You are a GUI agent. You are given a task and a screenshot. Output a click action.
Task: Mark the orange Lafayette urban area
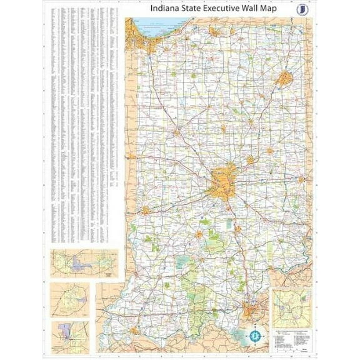(177, 131)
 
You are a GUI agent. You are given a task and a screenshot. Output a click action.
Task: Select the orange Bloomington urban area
(199, 234)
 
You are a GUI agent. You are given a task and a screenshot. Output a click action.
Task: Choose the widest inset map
(84, 264)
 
